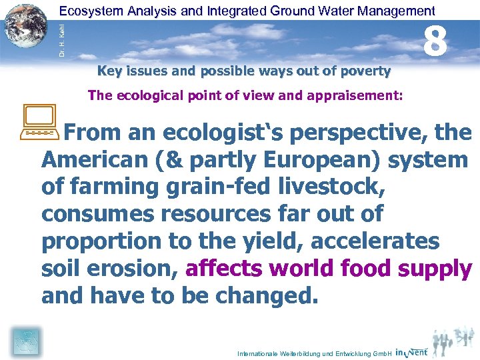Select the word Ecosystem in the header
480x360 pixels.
[x=87, y=11]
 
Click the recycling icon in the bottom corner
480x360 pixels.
[x=25, y=342]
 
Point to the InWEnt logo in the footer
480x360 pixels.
[x=411, y=351]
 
